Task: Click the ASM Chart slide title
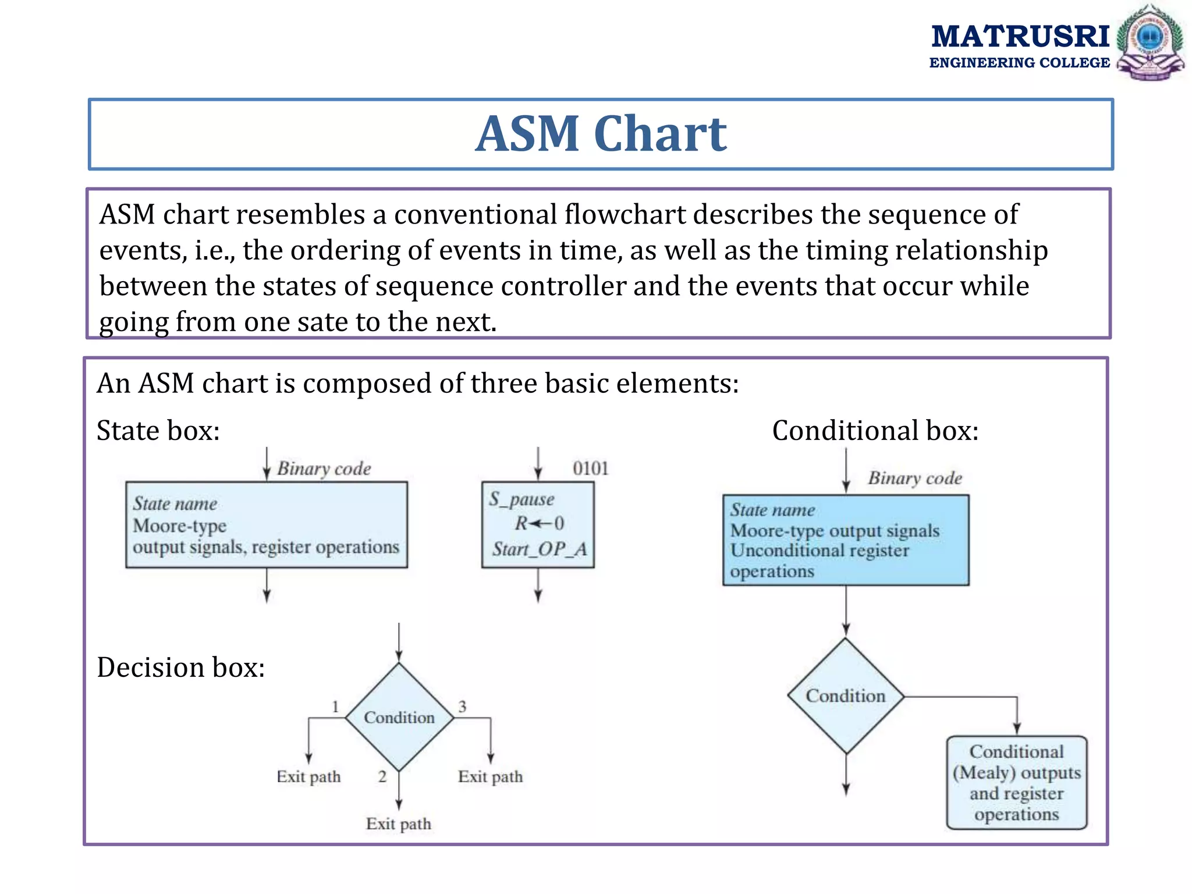[601, 134]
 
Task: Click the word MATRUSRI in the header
[1020, 36]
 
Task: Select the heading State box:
[158, 431]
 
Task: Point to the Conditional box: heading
[875, 431]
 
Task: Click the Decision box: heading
[180, 667]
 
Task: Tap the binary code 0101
[590, 469]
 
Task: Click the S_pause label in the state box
[521, 499]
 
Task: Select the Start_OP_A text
[540, 549]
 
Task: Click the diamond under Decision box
[399, 717]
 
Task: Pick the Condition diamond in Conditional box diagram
[845, 696]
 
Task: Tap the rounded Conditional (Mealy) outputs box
[1016, 782]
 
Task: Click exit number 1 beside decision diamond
[335, 707]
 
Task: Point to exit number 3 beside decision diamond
[462, 707]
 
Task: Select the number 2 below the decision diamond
[382, 776]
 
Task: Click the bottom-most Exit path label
[399, 824]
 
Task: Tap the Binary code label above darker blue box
[914, 478]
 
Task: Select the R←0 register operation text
[539, 523]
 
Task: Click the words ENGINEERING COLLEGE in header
[1019, 63]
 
